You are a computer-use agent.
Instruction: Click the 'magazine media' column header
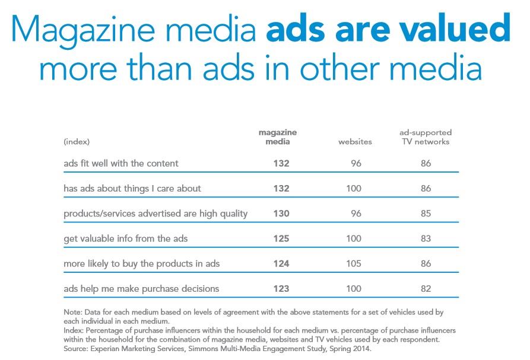[277, 137]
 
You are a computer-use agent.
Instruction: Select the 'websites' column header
[355, 142]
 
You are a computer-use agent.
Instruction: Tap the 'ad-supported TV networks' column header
[425, 137]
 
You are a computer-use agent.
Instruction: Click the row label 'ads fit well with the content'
[121, 163]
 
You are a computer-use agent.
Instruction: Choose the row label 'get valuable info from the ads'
[126, 238]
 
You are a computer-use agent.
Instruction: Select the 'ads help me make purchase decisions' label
[141, 289]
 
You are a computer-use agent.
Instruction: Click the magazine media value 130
[281, 214]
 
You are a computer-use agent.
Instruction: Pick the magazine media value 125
[281, 238]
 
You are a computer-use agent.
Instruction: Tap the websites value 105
[354, 264]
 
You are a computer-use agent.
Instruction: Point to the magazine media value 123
[281, 289]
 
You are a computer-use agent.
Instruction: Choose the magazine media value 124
[281, 264]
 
